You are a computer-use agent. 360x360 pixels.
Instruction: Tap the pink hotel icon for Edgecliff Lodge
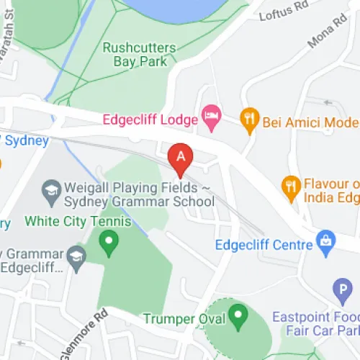click(210, 115)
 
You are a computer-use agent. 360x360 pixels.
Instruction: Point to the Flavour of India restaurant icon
click(290, 186)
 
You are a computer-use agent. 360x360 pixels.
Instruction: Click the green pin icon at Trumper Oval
click(237, 315)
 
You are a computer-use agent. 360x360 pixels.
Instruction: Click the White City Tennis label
click(78, 220)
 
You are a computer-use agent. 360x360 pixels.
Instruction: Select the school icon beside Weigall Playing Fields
click(51, 190)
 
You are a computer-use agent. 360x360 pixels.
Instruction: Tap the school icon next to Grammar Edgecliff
click(76, 256)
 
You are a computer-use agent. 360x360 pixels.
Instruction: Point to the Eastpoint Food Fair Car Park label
click(317, 324)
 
